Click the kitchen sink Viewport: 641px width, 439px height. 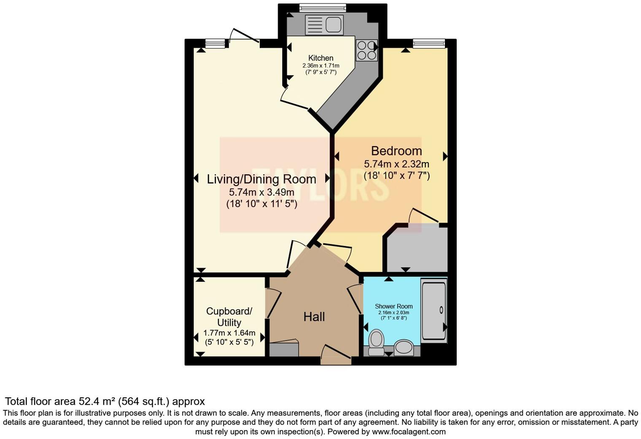pyautogui.click(x=324, y=25)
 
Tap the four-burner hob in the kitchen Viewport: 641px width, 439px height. pyautogui.click(x=366, y=50)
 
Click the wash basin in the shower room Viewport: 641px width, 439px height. pyautogui.click(x=404, y=347)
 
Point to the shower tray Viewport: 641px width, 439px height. pyautogui.click(x=434, y=310)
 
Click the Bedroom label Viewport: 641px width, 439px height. pyautogui.click(x=396, y=151)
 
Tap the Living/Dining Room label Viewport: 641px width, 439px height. pyautogui.click(x=261, y=179)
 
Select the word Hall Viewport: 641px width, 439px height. pyautogui.click(x=314, y=317)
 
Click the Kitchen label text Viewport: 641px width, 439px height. pyautogui.click(x=320, y=58)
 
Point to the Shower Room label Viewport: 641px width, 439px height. pyautogui.click(x=393, y=306)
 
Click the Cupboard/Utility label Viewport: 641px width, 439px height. pyautogui.click(x=229, y=317)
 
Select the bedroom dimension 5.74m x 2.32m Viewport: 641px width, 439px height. pyautogui.click(x=396, y=164)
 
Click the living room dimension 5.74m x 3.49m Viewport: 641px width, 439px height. pyautogui.click(x=261, y=192)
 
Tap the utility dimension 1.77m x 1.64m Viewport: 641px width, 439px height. pyautogui.click(x=229, y=333)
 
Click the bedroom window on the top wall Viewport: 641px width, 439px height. pyautogui.click(x=428, y=43)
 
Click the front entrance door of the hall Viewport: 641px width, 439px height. pyautogui.click(x=336, y=359)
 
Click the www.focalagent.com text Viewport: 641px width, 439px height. pyautogui.click(x=409, y=432)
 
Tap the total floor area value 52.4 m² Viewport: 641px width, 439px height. pyautogui.click(x=97, y=401)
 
